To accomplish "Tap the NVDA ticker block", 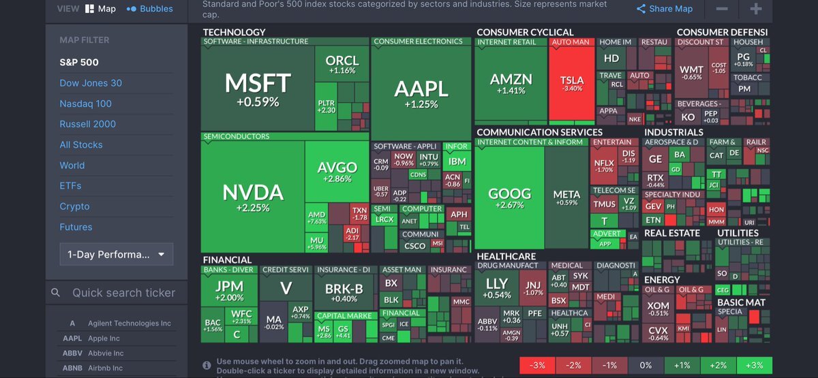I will coord(252,198).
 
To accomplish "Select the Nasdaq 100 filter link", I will coord(85,104).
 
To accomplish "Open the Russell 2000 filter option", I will coord(87,124).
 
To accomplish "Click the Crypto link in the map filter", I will coord(74,206).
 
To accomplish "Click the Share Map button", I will coord(665,9).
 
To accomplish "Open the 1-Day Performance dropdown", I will coord(116,255).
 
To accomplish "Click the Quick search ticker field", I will coord(123,293).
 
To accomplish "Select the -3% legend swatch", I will coord(537,365).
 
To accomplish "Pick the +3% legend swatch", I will coord(754,365).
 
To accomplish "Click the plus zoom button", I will coord(755,9).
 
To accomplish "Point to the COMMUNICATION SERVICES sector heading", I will coord(539,132).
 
